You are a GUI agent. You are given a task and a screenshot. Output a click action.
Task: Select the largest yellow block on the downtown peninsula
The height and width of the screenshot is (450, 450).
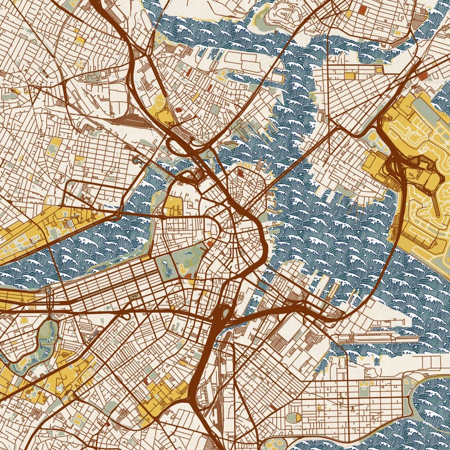(x=172, y=205)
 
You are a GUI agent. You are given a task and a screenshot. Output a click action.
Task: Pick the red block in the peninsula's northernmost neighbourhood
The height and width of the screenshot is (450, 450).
(x=240, y=171)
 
